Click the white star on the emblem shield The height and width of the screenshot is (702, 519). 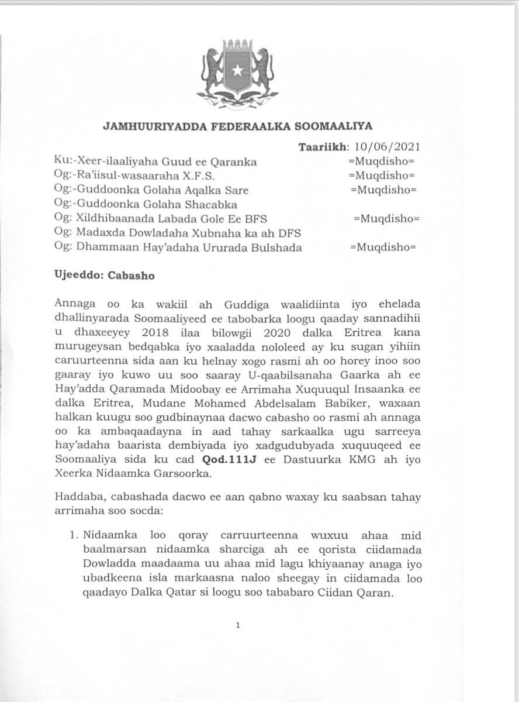237,71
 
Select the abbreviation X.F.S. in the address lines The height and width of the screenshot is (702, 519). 189,175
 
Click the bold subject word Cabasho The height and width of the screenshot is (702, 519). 132,276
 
